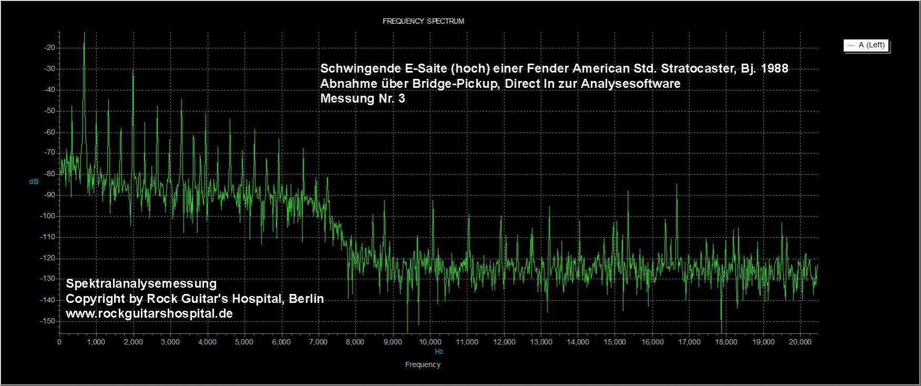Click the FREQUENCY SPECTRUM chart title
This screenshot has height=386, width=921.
click(x=423, y=22)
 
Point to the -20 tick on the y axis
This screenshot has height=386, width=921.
click(x=50, y=48)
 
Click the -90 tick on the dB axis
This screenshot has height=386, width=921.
click(x=50, y=195)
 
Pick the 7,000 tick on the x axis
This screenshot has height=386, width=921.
click(x=318, y=342)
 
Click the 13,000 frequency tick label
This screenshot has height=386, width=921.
click(x=541, y=342)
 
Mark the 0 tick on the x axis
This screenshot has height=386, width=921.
click(x=59, y=342)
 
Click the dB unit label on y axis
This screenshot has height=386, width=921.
click(x=34, y=182)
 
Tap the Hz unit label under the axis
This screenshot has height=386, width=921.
click(x=439, y=351)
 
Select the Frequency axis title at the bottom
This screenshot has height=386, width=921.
click(x=423, y=364)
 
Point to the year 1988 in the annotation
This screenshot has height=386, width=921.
click(x=775, y=69)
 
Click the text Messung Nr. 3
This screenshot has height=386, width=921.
click(x=362, y=98)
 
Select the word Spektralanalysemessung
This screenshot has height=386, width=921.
click(x=141, y=284)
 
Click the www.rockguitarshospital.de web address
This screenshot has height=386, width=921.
click(x=149, y=313)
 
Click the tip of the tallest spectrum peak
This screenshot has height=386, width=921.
click(x=84, y=33)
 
